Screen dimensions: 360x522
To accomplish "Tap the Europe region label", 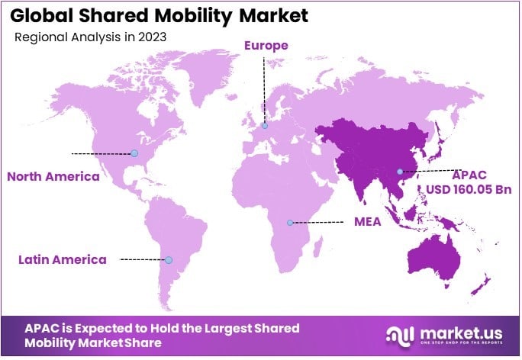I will pyautogui.click(x=266, y=46).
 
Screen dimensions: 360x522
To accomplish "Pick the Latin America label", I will pyautogui.click(x=63, y=259).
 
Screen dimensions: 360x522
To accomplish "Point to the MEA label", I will pyautogui.click(x=368, y=222).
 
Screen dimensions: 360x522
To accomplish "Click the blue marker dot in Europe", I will pyautogui.click(x=265, y=126).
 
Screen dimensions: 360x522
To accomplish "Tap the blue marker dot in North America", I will pyautogui.click(x=134, y=153).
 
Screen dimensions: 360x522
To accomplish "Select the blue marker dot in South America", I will pyautogui.click(x=169, y=260).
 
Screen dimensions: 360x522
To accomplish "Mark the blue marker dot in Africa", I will pyautogui.click(x=290, y=223).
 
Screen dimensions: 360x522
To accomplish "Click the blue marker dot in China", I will pyautogui.click(x=399, y=172).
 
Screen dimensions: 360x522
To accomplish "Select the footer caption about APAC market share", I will pyautogui.click(x=162, y=336).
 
